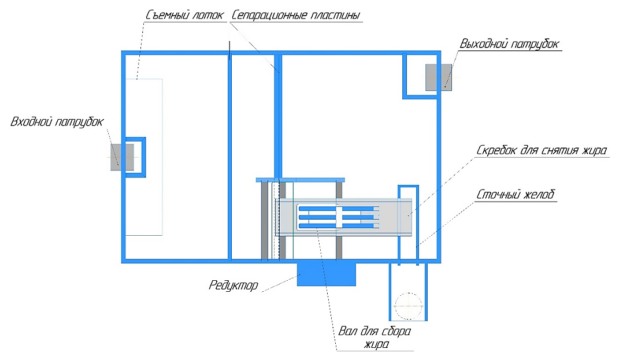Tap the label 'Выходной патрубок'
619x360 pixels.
coord(509,44)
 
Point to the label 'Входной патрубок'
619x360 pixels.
coord(57,122)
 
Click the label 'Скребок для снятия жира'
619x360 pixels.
coord(541,151)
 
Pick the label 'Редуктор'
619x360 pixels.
coord(233,285)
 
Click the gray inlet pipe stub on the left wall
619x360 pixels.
coord(122,157)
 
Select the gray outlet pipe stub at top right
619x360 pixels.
coord(439,77)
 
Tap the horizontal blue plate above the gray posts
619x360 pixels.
coord(300,180)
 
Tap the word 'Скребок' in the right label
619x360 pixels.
coord(498,151)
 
